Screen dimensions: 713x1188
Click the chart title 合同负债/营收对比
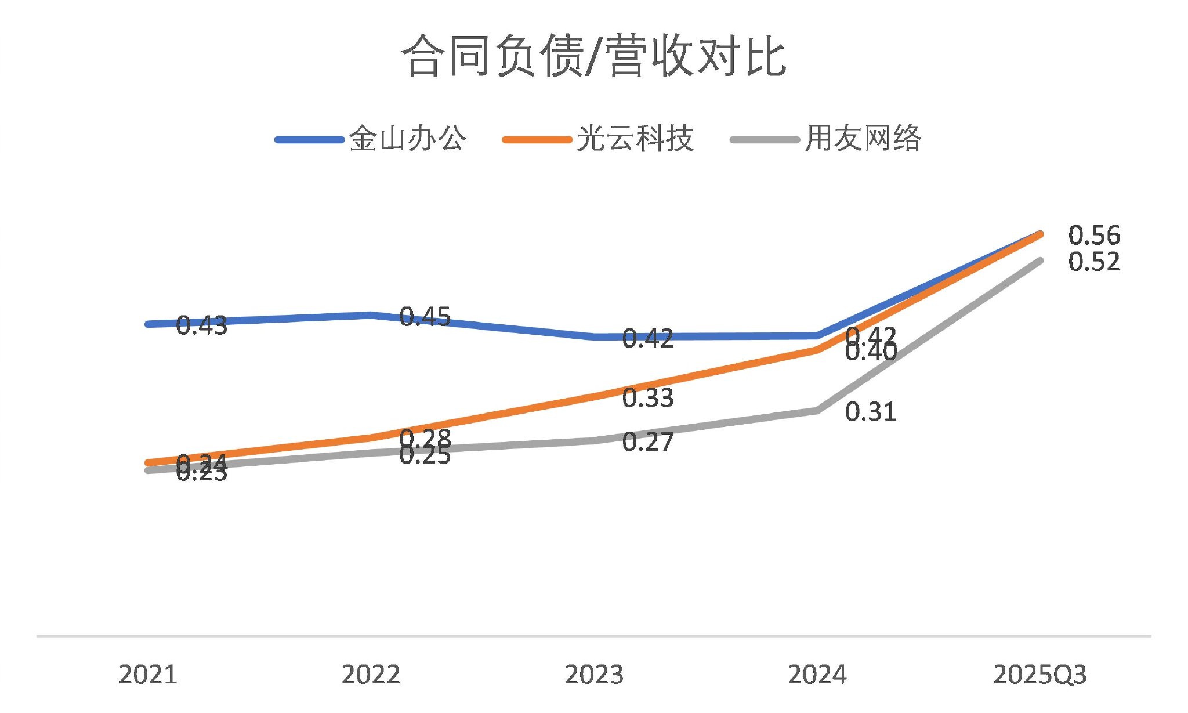593,56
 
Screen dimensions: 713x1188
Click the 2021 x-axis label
148,675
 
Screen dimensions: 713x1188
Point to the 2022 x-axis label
371,675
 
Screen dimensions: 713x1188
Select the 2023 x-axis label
594,675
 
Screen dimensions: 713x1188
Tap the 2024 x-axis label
817,675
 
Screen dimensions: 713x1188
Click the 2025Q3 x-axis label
1039,675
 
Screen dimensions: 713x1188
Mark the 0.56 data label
1094,236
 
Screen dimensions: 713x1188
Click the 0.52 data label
1094,262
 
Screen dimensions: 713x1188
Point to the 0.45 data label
425,317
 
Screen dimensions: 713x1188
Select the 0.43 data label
201,326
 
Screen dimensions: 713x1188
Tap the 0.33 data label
647,398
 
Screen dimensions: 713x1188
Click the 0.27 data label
647,442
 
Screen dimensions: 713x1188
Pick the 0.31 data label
871,412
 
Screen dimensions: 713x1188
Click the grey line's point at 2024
817,410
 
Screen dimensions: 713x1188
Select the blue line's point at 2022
371,315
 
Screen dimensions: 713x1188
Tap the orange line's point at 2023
594,396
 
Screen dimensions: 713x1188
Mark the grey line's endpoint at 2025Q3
1040,261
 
